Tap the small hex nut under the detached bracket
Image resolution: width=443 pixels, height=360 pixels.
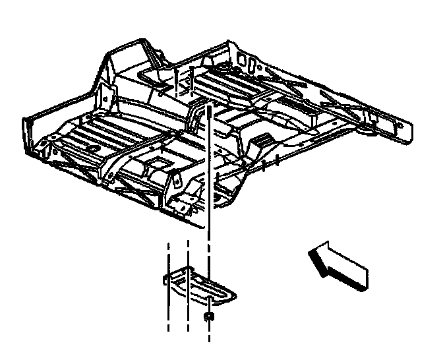[209, 318]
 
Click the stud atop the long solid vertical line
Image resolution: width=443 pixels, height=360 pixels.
[209, 111]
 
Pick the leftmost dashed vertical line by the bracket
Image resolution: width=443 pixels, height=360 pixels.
[169, 284]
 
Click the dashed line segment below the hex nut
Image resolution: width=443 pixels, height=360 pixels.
[209, 333]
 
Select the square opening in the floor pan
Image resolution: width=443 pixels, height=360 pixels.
[158, 161]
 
